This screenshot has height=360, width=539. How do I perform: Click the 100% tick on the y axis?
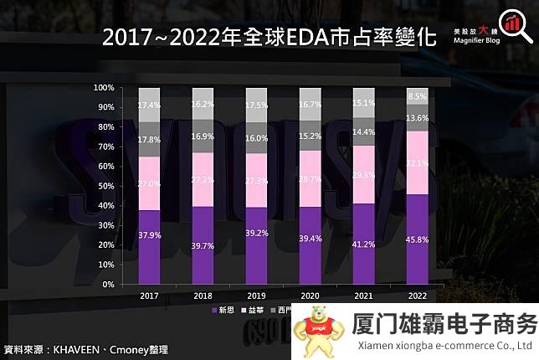coord(104,88)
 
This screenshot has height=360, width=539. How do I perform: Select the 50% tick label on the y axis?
coord(106,186)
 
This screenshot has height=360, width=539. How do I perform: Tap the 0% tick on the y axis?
coord(109,285)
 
